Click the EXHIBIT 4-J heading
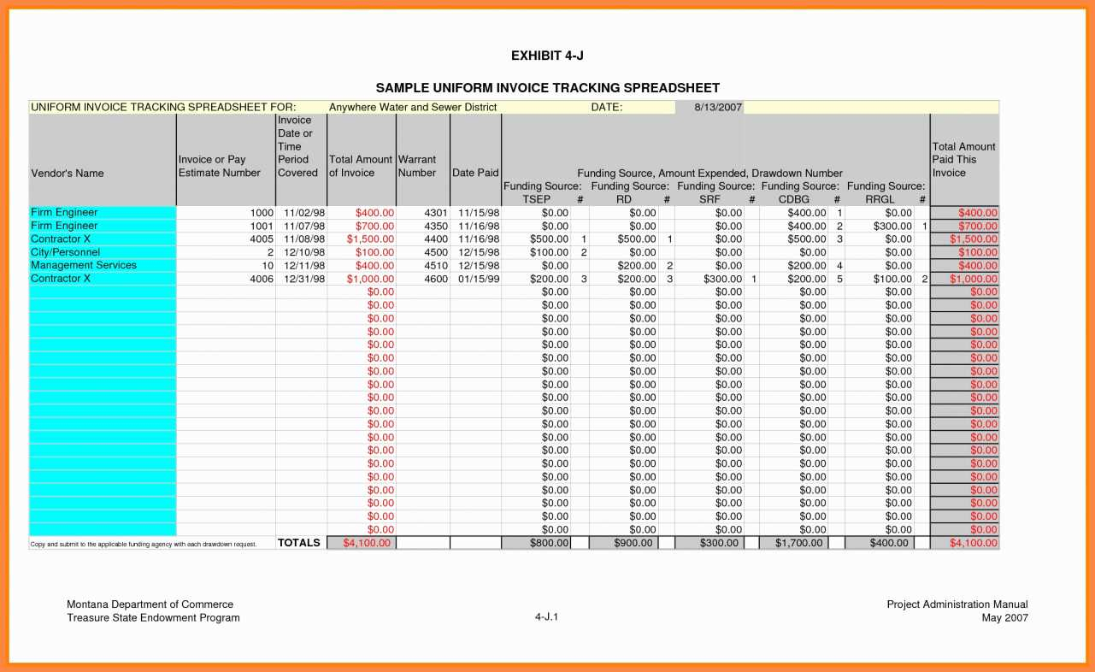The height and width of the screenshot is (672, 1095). click(547, 56)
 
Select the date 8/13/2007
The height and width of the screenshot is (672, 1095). click(718, 107)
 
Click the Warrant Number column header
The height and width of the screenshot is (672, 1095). click(417, 166)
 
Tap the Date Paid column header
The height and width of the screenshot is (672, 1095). click(475, 173)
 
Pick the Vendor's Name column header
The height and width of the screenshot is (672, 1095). click(68, 173)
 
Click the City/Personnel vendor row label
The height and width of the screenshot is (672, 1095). click(66, 252)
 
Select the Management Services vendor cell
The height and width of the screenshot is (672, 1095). click(84, 265)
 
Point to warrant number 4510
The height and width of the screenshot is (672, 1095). click(436, 266)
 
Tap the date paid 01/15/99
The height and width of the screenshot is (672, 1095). click(479, 279)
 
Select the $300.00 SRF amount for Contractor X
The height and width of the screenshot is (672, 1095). click(723, 279)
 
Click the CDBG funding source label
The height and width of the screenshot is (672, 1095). click(793, 199)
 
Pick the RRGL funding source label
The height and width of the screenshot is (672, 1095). click(880, 199)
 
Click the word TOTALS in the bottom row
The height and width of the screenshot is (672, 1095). click(299, 543)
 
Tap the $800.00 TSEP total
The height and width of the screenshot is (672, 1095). click(549, 543)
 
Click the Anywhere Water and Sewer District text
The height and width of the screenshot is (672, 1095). click(413, 107)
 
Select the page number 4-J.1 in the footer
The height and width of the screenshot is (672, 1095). click(547, 617)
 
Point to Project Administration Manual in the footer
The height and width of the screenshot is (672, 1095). click(957, 604)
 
